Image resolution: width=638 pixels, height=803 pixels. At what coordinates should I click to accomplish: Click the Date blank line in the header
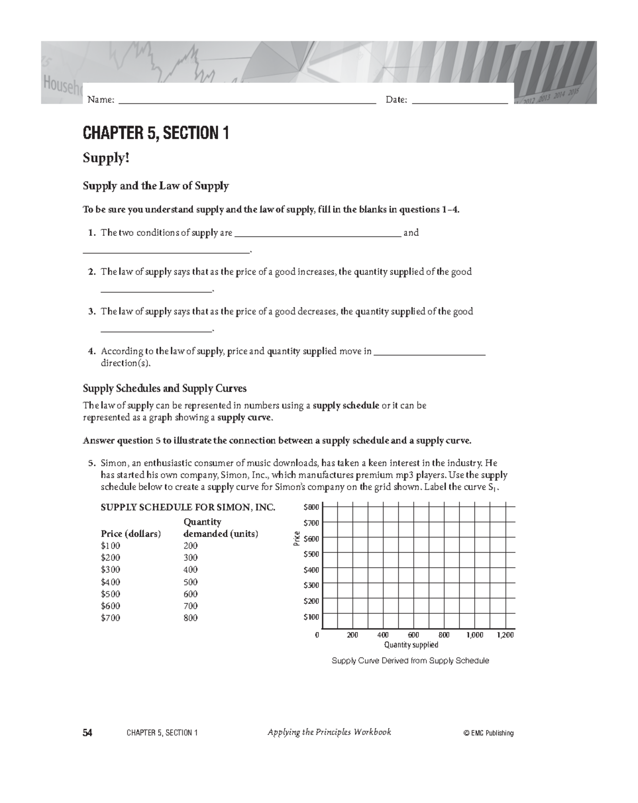point(459,101)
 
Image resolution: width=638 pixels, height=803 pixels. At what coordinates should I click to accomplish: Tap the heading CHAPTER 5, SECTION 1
point(156,133)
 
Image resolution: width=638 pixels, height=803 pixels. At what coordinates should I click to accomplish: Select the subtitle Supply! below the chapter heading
point(106,158)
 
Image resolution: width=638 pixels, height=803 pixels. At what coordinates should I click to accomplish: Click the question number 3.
point(91,312)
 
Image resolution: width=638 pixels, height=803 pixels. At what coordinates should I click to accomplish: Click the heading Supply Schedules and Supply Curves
point(165,389)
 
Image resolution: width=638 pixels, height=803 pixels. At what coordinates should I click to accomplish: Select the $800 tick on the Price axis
point(311,507)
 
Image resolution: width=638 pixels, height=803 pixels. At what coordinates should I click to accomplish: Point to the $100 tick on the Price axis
point(311,617)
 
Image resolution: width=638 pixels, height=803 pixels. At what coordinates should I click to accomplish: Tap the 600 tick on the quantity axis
point(413,635)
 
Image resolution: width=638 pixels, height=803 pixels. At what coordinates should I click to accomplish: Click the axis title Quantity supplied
point(411,645)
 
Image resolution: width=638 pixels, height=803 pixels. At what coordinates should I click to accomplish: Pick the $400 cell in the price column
point(111,582)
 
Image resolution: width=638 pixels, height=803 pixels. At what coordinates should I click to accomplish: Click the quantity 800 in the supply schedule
point(190,618)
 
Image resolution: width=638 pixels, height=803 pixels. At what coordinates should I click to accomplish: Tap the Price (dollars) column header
point(131,534)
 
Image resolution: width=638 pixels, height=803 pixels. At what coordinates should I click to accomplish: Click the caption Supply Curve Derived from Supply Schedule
point(410,661)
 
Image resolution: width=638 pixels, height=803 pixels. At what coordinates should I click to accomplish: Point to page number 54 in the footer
point(88,733)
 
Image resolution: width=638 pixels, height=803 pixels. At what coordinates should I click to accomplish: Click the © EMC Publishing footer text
point(489,733)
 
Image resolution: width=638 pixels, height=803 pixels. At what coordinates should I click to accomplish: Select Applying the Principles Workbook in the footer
point(329,732)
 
